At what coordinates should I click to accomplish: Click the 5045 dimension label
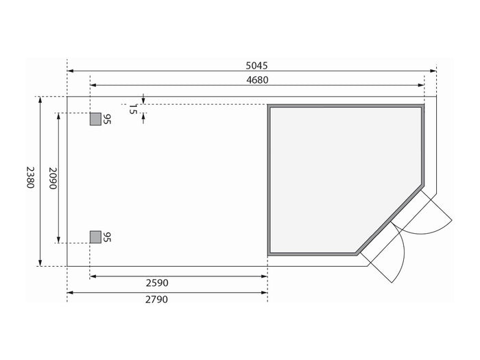point(256,66)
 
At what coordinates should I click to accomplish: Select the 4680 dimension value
point(257,80)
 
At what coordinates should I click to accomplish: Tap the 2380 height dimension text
point(30,177)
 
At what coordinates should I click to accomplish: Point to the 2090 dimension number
point(53,178)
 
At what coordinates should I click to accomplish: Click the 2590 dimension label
point(157,283)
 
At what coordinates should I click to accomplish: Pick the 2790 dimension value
point(156,300)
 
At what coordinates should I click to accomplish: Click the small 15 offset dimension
point(132,109)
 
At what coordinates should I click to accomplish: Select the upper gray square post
point(95,119)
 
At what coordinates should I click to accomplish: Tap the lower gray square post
point(95,237)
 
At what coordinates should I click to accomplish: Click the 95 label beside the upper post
point(106,119)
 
